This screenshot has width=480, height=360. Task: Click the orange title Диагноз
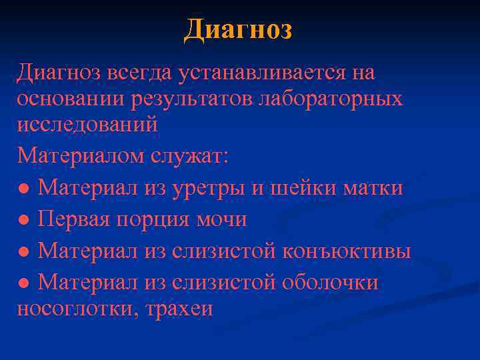tap(239, 29)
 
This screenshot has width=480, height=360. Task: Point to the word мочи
tap(221, 219)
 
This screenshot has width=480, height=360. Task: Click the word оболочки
tap(330, 283)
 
